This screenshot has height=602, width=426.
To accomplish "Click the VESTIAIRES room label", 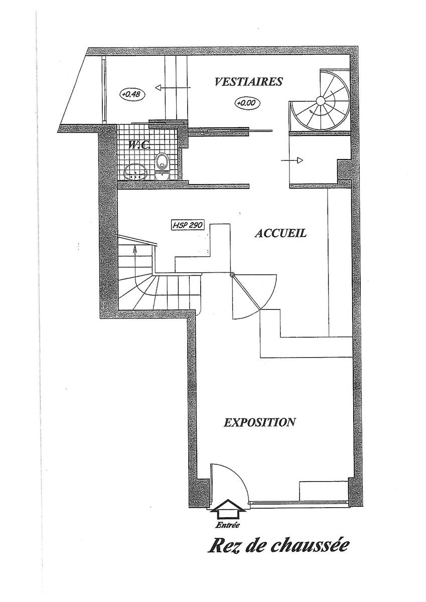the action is pos(248,81).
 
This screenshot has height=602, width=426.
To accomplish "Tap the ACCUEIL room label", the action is pos(280,233).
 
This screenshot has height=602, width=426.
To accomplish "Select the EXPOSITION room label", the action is pos(259,422).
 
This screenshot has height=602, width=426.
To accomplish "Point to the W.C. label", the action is pos(139,145).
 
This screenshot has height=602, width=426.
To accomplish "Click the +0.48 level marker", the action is pos(132,95).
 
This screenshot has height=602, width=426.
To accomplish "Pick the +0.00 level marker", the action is pos(248,103).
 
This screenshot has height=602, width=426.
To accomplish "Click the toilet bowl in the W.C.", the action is pos(162,167).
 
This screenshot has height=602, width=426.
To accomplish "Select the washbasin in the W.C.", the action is pos(136,171).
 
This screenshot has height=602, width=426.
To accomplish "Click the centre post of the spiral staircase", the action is pos(320,101).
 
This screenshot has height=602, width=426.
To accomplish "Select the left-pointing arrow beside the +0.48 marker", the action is pos(173,87).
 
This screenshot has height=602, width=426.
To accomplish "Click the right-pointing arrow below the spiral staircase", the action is pos(292,161).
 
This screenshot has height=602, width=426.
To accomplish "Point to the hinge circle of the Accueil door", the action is pos(232,275).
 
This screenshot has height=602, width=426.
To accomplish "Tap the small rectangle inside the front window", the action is pos(324,491).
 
